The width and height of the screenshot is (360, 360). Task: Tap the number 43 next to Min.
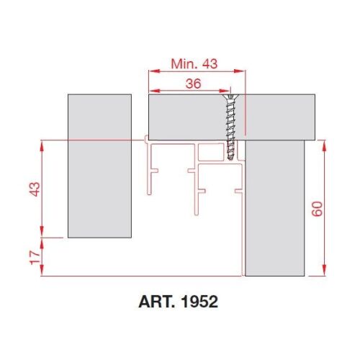click(x=210, y=63)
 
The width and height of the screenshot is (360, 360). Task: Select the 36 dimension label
click(x=193, y=83)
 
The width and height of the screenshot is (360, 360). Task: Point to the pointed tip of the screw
click(x=230, y=159)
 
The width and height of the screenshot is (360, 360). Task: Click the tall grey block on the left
click(x=100, y=166)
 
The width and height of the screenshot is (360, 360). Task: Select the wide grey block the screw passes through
click(x=187, y=115)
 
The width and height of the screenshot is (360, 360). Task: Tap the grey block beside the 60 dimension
click(x=276, y=209)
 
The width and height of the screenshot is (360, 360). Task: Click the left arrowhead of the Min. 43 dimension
click(x=151, y=71)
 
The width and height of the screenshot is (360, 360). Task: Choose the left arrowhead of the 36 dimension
click(x=151, y=90)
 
